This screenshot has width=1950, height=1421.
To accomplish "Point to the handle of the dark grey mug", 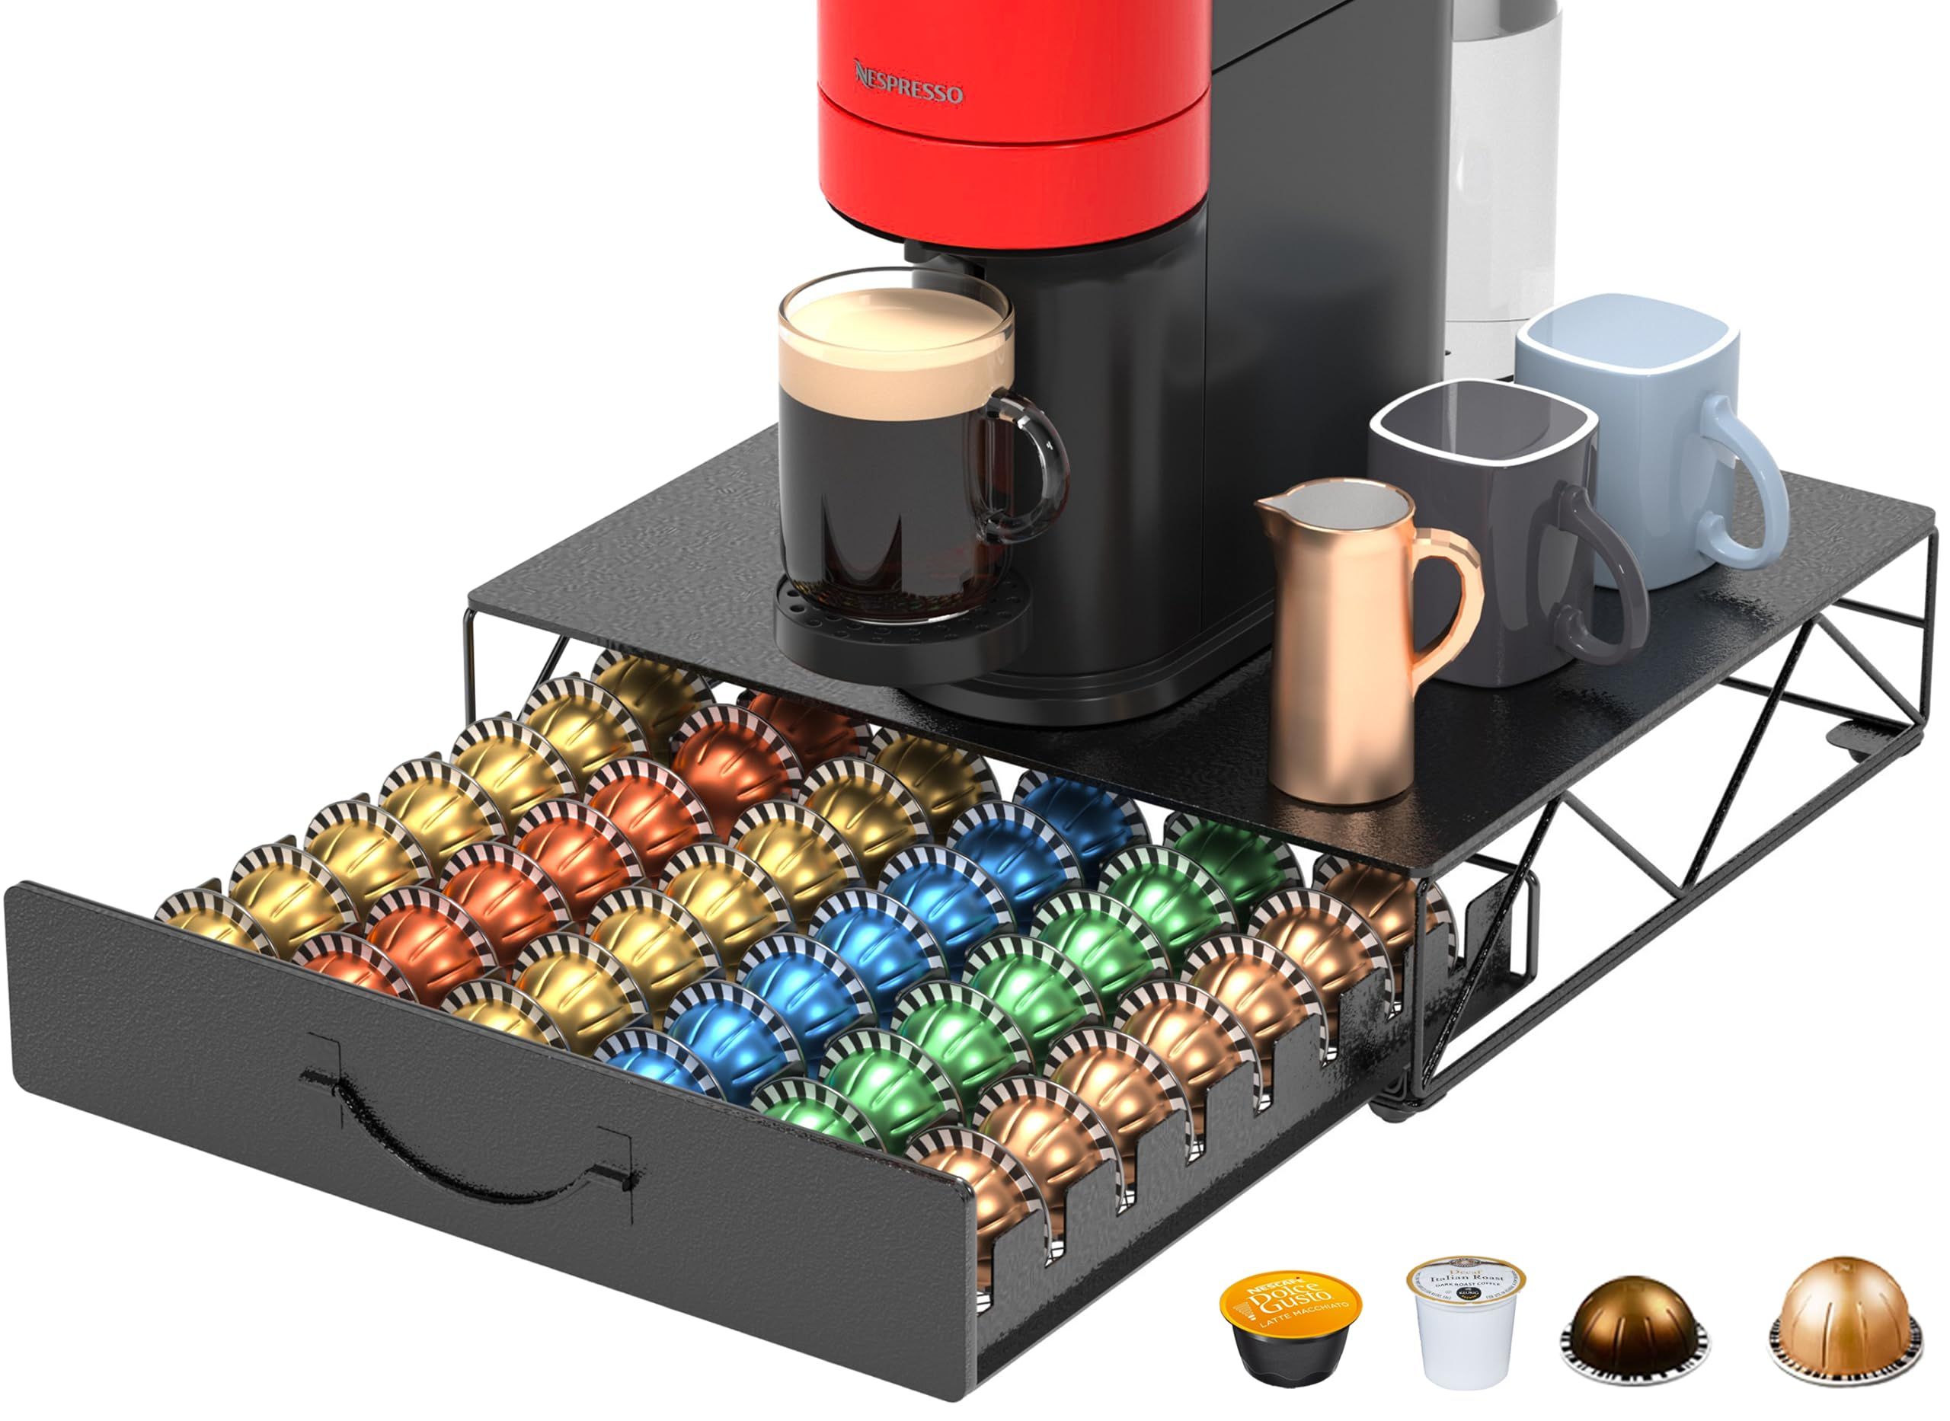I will coord(1600,576).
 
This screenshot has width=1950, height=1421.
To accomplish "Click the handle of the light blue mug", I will coord(1742,482).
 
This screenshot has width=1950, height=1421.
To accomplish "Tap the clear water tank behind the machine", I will coord(1501,172).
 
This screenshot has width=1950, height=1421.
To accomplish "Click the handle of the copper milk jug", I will coord(1453,593).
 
